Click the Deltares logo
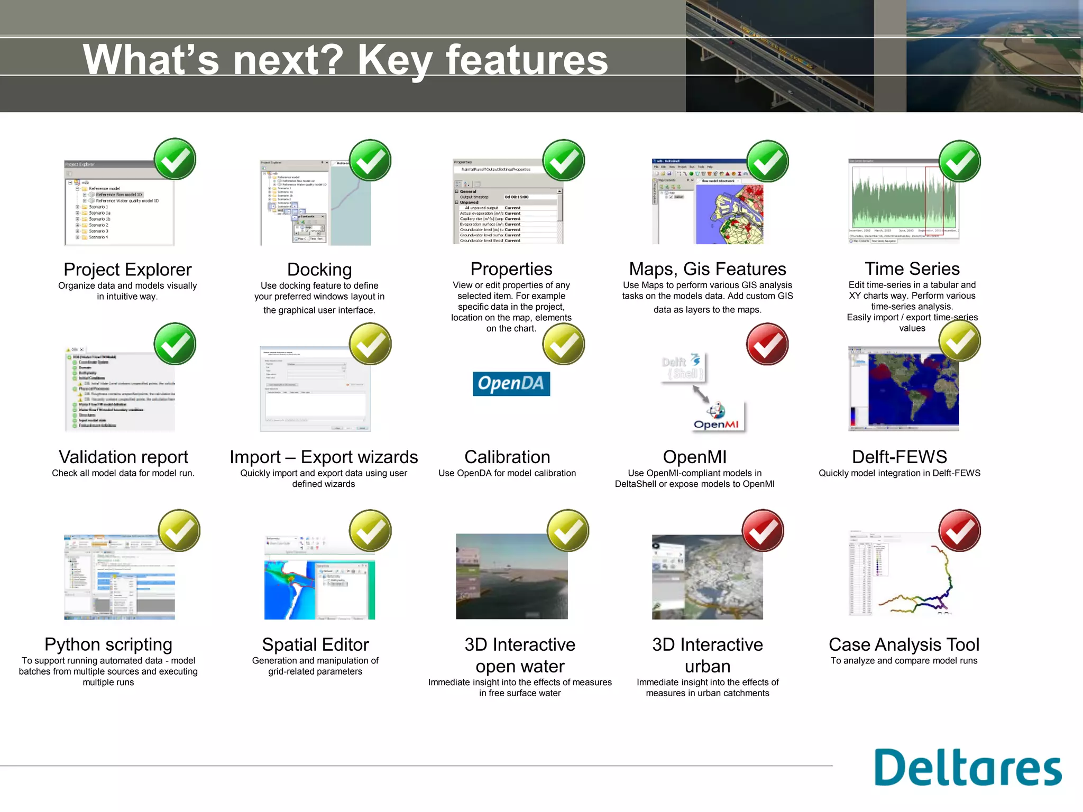pyautogui.click(x=967, y=768)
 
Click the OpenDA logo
pyautogui.click(x=511, y=384)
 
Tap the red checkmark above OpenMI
pyautogui.click(x=767, y=344)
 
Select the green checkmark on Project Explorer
pyautogui.click(x=175, y=159)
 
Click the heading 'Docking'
pyautogui.click(x=319, y=270)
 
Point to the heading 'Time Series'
pyautogui.click(x=912, y=269)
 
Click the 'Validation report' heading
pyautogui.click(x=123, y=457)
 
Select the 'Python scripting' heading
pyautogui.click(x=108, y=644)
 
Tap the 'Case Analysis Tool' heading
pyautogui.click(x=904, y=644)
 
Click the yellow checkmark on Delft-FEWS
pyautogui.click(x=959, y=341)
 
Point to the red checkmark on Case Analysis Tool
pyautogui.click(x=959, y=530)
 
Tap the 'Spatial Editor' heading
pyautogui.click(x=315, y=644)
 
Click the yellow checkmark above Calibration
pyautogui.click(x=563, y=344)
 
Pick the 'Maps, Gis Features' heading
pyautogui.click(x=707, y=269)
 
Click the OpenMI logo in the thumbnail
pyautogui.click(x=717, y=417)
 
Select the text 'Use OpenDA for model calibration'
pyautogui.click(x=507, y=473)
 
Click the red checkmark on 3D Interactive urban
pyautogui.click(x=763, y=530)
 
